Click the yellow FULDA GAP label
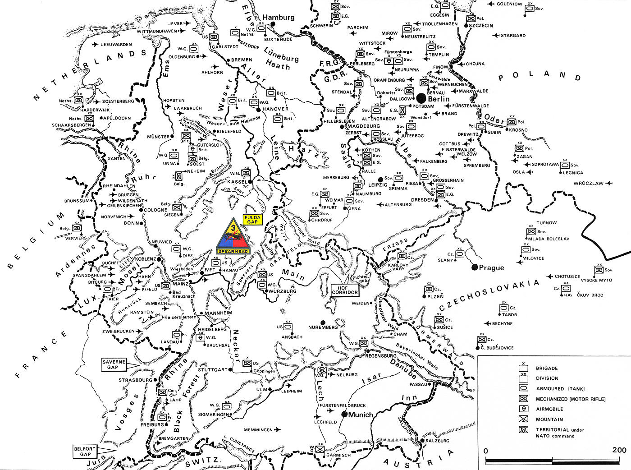[x=252, y=220]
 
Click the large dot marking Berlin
[x=421, y=97]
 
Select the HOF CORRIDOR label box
[x=345, y=290]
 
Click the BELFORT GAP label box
[x=85, y=452]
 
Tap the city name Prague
[x=491, y=268]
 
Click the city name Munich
[x=361, y=415]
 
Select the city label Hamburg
[x=279, y=18]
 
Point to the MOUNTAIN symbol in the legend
[x=523, y=419]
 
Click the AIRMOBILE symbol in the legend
[x=523, y=409]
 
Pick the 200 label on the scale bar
[x=619, y=450]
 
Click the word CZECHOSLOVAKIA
[x=489, y=296]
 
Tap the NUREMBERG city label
[x=323, y=327]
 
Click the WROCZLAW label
[x=588, y=184]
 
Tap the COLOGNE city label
[x=155, y=210]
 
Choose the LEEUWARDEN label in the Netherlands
[x=116, y=45]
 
